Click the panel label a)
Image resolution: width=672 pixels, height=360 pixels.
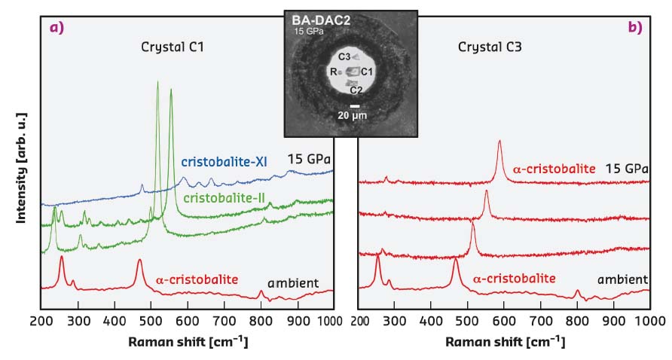click(x=56, y=28)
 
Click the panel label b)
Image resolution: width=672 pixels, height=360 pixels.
click(x=634, y=28)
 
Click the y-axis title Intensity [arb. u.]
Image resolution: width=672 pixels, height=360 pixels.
click(x=22, y=166)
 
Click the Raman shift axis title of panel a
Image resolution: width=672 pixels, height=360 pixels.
click(x=187, y=341)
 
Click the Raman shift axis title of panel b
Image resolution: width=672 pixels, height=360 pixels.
click(x=503, y=341)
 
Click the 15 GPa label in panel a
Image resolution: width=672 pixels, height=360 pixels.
click(x=310, y=159)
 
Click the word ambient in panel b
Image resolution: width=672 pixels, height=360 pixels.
click(x=622, y=279)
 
